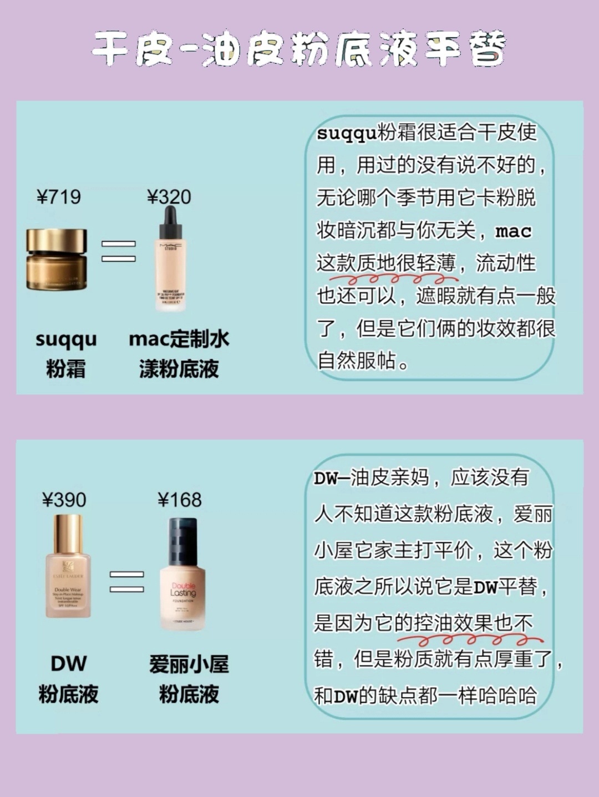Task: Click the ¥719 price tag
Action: [59, 197]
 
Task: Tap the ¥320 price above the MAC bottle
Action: [169, 197]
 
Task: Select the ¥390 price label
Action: [64, 500]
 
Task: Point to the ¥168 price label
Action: [180, 500]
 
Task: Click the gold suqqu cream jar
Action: [57, 259]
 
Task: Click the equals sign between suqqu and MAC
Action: [118, 251]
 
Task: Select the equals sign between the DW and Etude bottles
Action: [126, 581]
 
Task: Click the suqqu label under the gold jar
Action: [66, 339]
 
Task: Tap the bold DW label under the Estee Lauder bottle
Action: [69, 663]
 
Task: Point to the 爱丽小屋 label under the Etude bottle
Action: [189, 664]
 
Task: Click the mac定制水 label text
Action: [179, 339]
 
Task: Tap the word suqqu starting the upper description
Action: [346, 134]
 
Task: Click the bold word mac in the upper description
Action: [513, 231]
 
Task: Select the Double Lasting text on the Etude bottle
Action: [183, 590]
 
